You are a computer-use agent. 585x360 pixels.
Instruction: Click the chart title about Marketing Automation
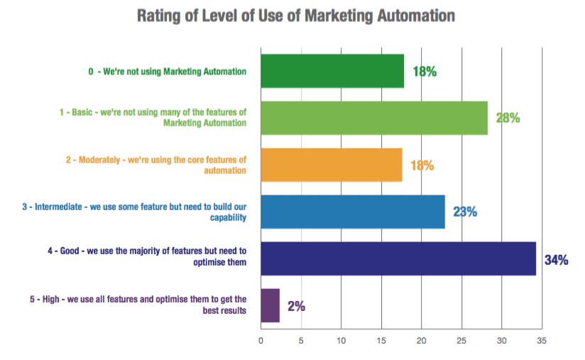click(x=292, y=15)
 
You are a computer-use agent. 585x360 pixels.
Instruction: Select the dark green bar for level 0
click(x=332, y=71)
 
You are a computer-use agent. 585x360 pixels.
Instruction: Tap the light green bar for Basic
click(x=374, y=118)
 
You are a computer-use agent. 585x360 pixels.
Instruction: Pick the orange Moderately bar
click(x=332, y=165)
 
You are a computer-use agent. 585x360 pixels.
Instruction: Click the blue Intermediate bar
click(x=353, y=212)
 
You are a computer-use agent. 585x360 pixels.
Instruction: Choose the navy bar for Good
click(x=398, y=258)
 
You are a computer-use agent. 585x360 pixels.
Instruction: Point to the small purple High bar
click(x=270, y=305)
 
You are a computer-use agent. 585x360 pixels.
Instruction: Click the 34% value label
click(x=556, y=260)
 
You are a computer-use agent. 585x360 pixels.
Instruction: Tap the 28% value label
click(x=508, y=119)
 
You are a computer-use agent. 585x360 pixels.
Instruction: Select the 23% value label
click(x=465, y=212)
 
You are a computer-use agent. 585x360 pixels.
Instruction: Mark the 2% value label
click(x=297, y=306)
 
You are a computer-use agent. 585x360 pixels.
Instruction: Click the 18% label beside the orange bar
click(x=422, y=165)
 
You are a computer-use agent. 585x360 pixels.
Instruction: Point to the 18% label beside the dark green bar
click(x=424, y=71)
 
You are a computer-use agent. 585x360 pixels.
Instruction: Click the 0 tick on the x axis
click(x=261, y=340)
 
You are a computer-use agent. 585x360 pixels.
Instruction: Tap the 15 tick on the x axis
click(x=381, y=340)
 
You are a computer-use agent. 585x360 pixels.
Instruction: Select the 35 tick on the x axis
click(x=542, y=340)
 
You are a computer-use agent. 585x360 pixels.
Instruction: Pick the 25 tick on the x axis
click(x=461, y=340)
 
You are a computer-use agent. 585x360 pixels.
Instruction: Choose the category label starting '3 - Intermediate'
click(x=134, y=212)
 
